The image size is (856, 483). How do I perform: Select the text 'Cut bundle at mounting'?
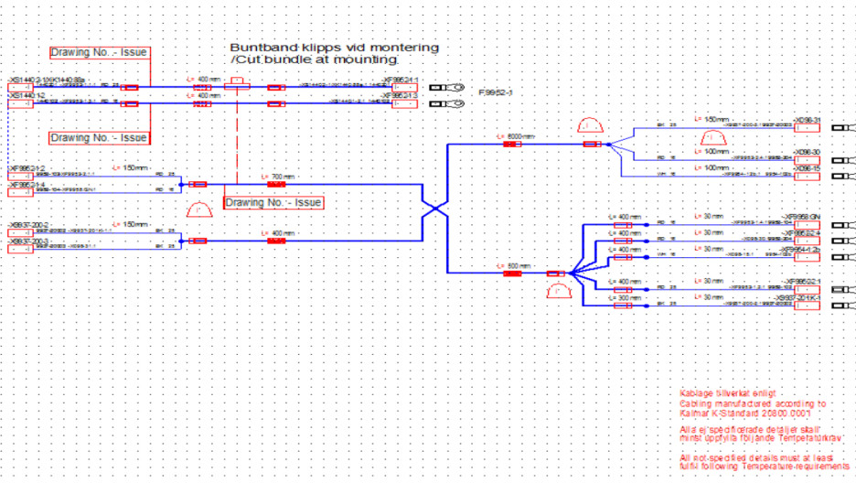click(x=316, y=59)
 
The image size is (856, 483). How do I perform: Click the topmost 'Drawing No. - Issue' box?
click(x=99, y=53)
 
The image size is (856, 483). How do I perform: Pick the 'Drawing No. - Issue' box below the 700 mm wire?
click(x=273, y=202)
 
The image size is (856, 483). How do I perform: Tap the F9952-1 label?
click(x=495, y=93)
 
